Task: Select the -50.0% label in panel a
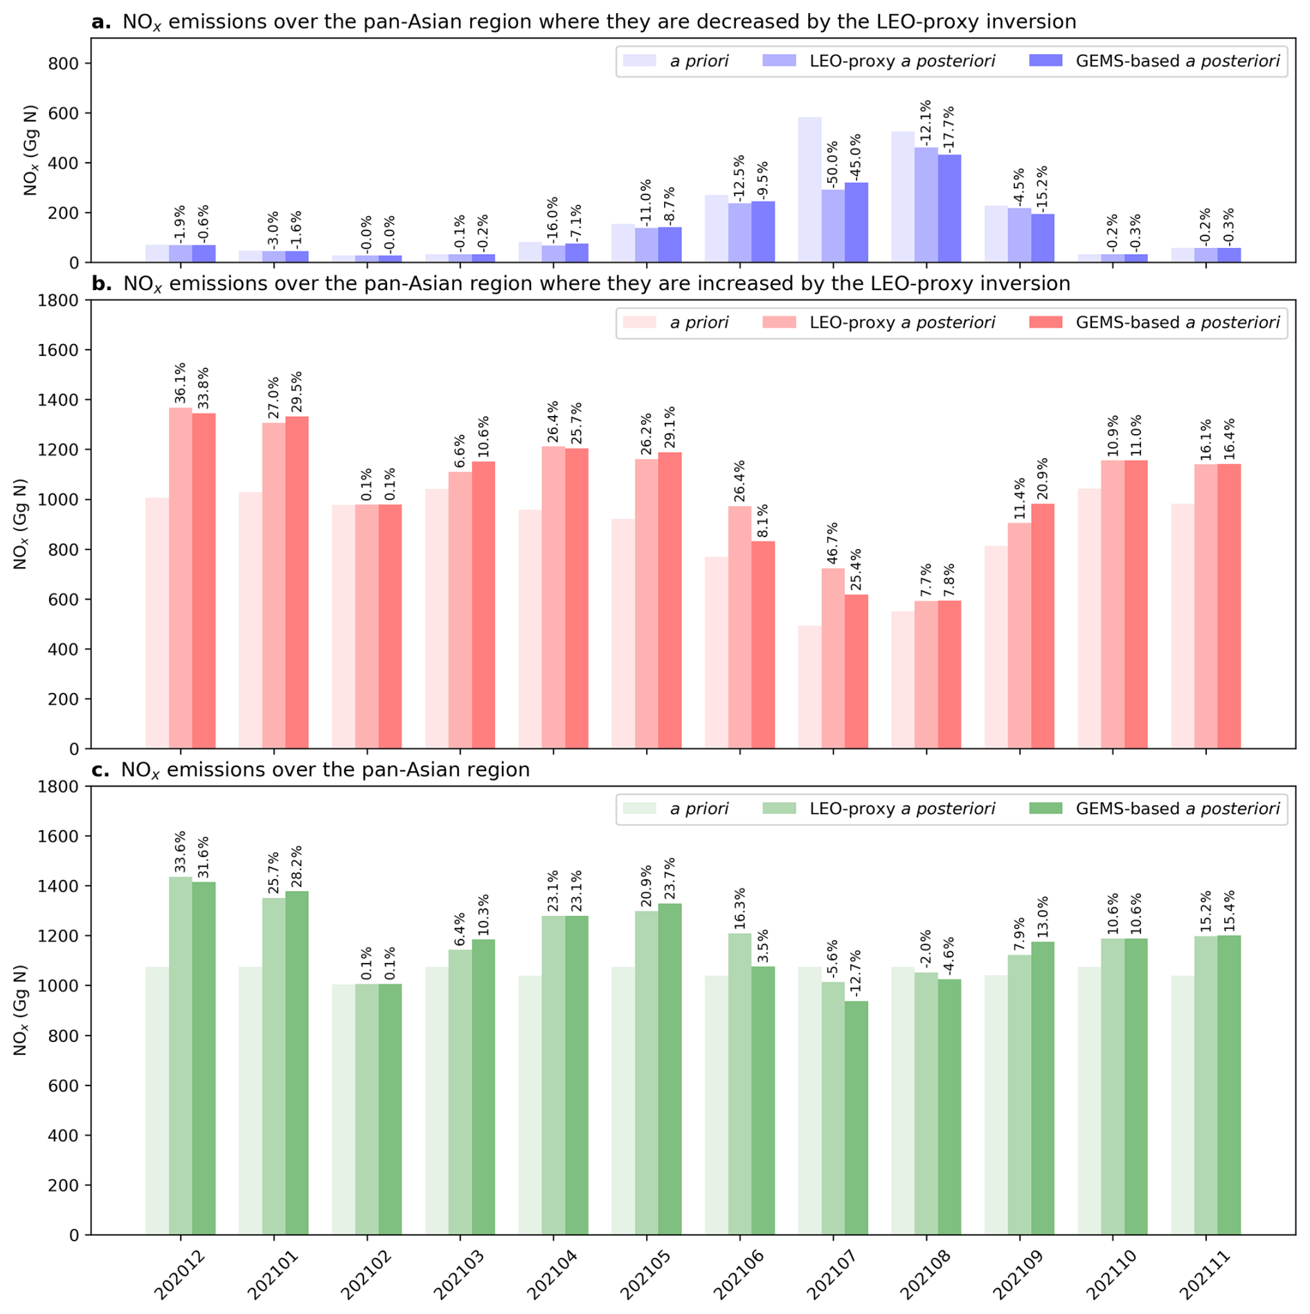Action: click(832, 163)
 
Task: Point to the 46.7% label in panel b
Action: click(832, 543)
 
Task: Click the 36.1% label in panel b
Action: click(180, 383)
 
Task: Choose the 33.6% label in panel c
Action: click(180, 852)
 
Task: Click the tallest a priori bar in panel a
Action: click(809, 190)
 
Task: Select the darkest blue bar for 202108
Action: click(949, 208)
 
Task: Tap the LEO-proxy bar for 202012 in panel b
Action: click(181, 578)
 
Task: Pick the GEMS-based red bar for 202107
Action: click(856, 672)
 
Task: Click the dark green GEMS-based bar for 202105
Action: click(670, 1069)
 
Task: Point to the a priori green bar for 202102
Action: click(343, 1109)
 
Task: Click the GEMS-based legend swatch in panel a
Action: click(1046, 61)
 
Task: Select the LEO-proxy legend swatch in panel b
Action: click(779, 323)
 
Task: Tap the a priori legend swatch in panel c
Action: click(640, 809)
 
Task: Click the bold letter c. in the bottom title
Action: click(101, 771)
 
